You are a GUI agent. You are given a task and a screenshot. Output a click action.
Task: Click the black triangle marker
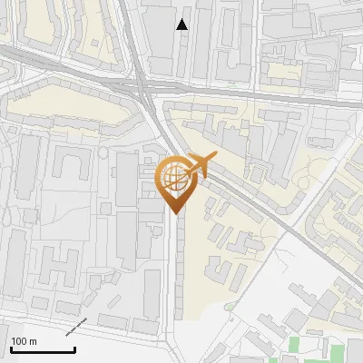182,25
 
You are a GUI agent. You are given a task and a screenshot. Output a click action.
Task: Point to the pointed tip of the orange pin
175,213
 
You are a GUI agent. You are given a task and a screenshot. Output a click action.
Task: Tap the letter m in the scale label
33,341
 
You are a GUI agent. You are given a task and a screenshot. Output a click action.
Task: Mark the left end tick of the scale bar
10,348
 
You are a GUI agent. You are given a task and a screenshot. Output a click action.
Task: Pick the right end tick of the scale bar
74,348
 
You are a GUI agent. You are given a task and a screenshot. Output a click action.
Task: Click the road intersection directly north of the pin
150,91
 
